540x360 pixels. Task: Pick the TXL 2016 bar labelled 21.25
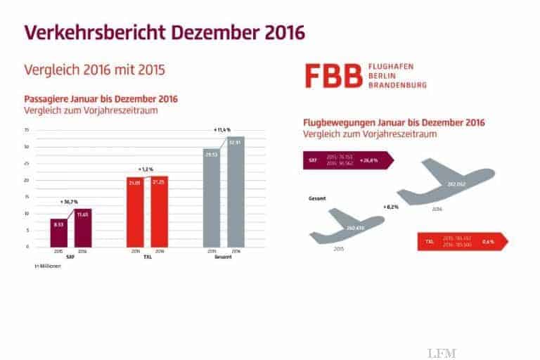(160, 211)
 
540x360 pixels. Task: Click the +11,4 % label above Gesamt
(222, 130)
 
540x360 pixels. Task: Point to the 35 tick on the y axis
(26, 130)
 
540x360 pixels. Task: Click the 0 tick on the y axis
(27, 247)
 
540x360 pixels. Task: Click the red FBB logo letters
(332, 75)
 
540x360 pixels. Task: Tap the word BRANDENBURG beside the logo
(398, 84)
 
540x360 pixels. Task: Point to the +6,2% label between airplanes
(392, 207)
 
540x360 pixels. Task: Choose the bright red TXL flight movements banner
(461, 241)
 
